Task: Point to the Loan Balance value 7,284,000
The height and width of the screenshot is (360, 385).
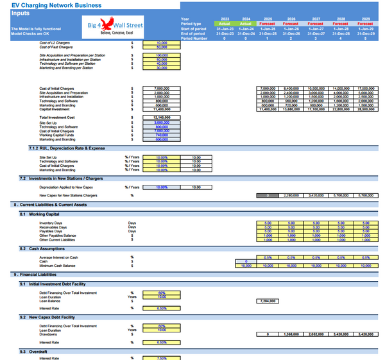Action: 269,300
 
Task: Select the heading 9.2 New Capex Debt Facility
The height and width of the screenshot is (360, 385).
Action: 51,317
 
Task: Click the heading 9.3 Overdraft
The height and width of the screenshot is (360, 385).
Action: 37,351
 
